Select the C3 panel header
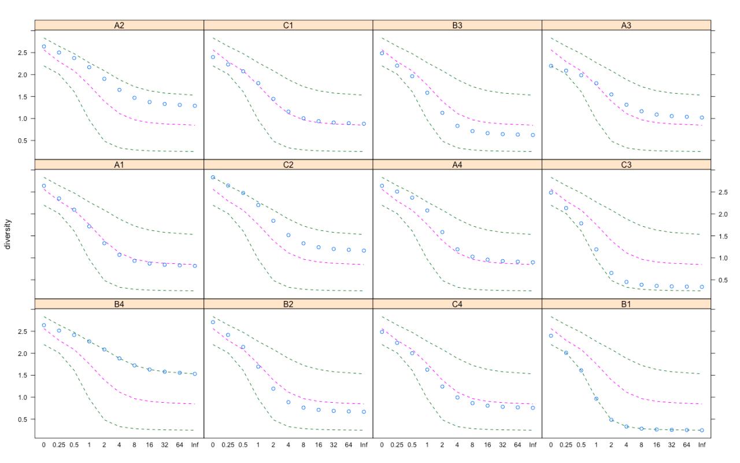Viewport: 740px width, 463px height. click(626, 164)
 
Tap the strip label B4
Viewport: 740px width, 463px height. click(119, 304)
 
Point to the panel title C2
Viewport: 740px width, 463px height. click(288, 164)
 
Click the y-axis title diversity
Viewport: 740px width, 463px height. click(8, 234)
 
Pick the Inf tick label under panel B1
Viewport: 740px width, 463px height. click(702, 445)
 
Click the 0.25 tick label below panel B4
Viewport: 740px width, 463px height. click(58, 445)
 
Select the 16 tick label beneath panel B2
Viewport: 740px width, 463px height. click(319, 445)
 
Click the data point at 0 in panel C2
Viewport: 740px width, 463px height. click(213, 178)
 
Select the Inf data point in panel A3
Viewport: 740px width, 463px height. click(702, 117)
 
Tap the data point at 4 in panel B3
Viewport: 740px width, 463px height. click(457, 126)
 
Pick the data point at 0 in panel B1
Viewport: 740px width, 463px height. click(551, 336)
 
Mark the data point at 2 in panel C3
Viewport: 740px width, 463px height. click(611, 273)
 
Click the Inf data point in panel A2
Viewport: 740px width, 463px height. click(194, 106)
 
